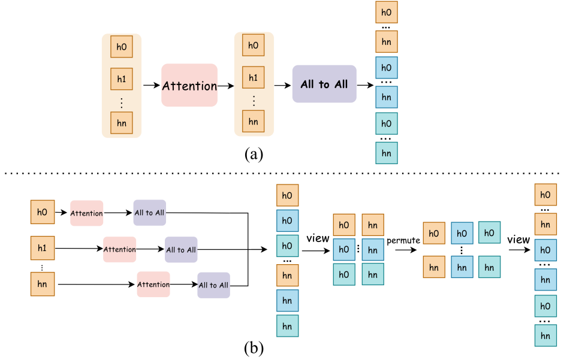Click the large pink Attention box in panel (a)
click(x=189, y=86)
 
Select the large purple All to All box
click(x=324, y=84)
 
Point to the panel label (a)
click(x=254, y=154)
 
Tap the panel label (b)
click(x=254, y=347)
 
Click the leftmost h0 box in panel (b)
click(x=43, y=212)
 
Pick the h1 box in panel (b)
click(x=43, y=247)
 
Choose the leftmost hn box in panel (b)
click(x=43, y=284)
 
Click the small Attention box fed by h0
click(x=86, y=213)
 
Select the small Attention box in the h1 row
click(x=119, y=249)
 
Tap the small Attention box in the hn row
click(x=153, y=285)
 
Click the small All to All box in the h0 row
click(x=149, y=213)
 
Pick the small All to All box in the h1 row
click(x=181, y=249)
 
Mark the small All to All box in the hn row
click(x=213, y=285)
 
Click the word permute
click(x=403, y=240)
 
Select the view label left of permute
click(x=318, y=238)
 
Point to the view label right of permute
click(x=518, y=240)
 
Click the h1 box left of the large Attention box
click(x=122, y=78)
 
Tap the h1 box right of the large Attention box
click(x=254, y=77)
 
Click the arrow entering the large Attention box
click(x=151, y=86)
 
